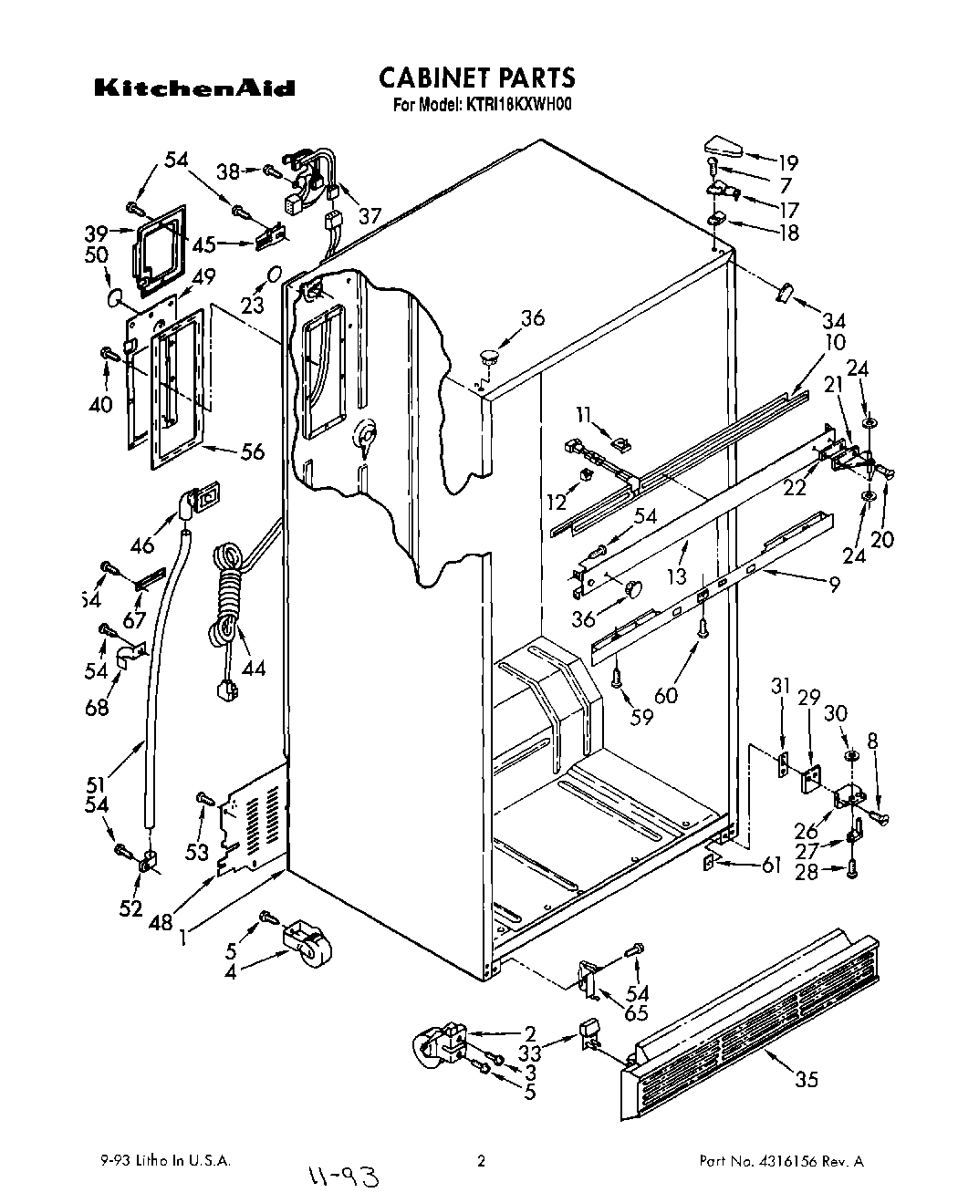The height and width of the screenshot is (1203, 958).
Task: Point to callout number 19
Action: (786, 163)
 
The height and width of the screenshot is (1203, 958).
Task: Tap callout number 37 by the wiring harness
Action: (370, 215)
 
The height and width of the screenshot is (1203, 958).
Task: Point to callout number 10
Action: (834, 342)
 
